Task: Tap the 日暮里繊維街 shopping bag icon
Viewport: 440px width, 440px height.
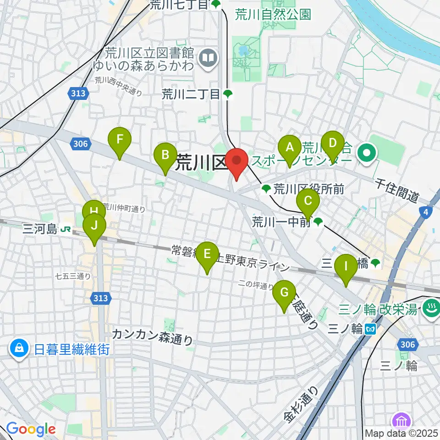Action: coord(20,350)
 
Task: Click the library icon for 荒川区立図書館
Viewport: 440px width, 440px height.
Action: coord(208,58)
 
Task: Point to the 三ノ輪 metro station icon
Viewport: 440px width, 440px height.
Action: coord(372,329)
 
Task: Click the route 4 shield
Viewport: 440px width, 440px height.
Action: coord(426,212)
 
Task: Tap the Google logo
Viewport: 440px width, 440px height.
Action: coord(31,429)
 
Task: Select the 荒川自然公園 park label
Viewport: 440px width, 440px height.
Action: coord(273,14)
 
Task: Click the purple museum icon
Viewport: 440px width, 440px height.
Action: coord(402,420)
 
